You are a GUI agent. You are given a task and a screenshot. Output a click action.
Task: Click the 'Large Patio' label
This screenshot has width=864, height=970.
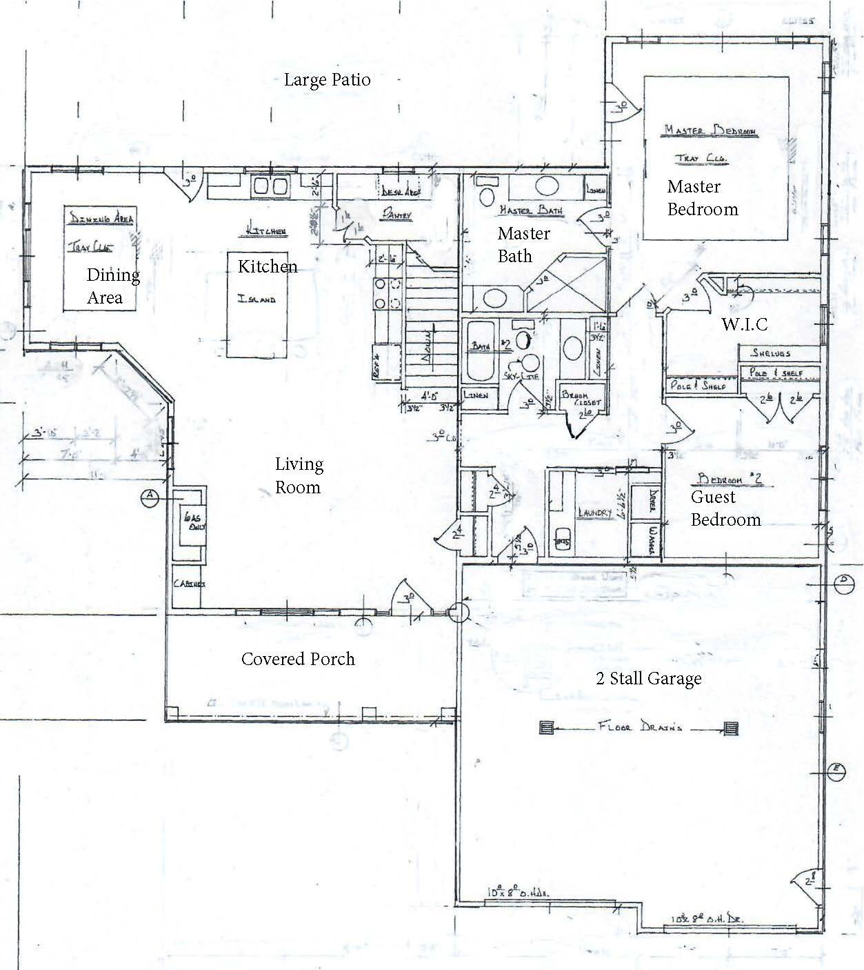tap(327, 80)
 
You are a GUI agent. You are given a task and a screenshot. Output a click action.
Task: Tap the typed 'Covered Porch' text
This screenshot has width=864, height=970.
tap(298, 659)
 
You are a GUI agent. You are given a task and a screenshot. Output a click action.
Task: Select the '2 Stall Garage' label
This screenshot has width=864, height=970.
tap(648, 679)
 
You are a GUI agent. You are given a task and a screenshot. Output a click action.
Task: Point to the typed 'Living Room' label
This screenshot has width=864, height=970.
tap(298, 476)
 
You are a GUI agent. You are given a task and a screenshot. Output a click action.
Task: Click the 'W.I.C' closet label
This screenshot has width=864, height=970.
tap(744, 324)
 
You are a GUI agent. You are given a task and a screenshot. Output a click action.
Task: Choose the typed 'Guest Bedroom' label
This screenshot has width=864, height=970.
tap(725, 508)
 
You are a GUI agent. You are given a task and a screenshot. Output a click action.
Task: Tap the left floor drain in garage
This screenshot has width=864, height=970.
tap(547, 728)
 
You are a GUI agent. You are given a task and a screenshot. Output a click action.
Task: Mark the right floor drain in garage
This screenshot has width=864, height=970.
tap(731, 728)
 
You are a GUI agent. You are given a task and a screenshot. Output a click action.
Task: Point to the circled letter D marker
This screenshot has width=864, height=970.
tap(843, 584)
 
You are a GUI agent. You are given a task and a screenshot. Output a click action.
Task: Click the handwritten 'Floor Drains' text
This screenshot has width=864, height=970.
tap(639, 727)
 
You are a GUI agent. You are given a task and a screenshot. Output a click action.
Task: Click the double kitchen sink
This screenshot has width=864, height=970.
tap(270, 186)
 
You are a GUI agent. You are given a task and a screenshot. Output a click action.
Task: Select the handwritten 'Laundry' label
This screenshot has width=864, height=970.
tap(594, 513)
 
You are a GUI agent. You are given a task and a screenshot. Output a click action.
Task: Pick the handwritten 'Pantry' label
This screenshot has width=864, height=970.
tap(396, 216)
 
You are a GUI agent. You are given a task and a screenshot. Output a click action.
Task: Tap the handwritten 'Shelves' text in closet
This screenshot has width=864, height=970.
tap(770, 353)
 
